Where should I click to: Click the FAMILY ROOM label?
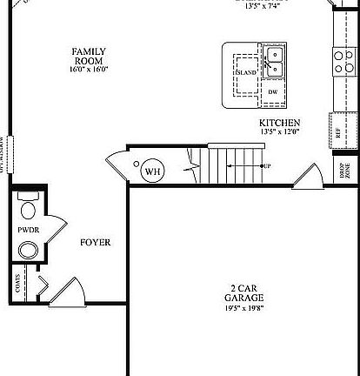(x=90, y=57)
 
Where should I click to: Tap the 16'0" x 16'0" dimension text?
(x=90, y=69)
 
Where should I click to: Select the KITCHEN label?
(x=279, y=123)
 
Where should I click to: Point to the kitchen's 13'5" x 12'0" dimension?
(x=279, y=132)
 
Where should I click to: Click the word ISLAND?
(x=246, y=73)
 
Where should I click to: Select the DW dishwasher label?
(x=272, y=91)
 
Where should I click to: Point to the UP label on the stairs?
(x=266, y=166)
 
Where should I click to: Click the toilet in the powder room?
(x=27, y=207)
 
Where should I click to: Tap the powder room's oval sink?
(x=29, y=252)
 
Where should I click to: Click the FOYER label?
(x=96, y=242)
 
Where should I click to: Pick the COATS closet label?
(x=17, y=283)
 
